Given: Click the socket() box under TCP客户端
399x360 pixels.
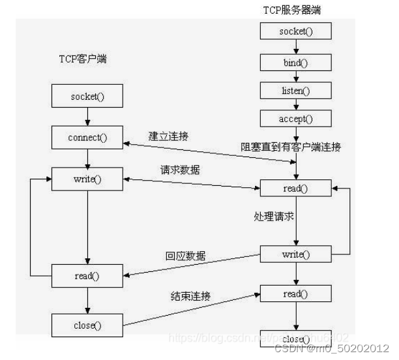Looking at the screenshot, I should point(87,97).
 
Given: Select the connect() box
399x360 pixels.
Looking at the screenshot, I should point(87,138).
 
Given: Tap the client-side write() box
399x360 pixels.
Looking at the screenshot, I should point(87,179).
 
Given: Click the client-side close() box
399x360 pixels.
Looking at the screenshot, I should point(87,323).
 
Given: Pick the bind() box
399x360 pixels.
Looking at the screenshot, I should point(296,62).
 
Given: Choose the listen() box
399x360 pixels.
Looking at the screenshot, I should point(296,90).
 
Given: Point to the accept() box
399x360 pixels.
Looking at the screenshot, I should point(296,119).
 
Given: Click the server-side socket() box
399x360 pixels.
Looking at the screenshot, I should point(296,31).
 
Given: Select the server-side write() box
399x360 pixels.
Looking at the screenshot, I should point(296,254).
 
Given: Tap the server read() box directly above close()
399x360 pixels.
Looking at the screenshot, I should point(296,293).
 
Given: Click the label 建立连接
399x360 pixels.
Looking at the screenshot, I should point(171,137).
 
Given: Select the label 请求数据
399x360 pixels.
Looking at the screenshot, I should point(181,170).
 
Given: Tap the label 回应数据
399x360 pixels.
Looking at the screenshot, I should point(185,256).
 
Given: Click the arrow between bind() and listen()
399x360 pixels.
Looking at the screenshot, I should point(296,76).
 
